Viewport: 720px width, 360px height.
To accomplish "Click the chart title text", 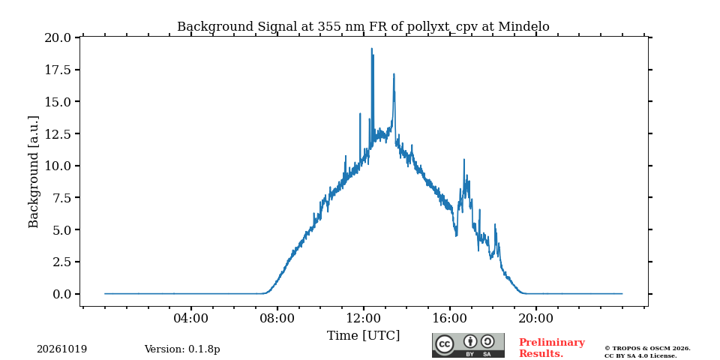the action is [363, 26].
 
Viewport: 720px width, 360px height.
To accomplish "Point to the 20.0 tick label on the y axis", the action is [58, 37].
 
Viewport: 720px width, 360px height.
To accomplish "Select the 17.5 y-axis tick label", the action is [58, 70].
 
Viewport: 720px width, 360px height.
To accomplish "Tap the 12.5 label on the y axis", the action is [58, 133].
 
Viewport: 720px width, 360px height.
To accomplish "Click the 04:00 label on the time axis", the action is [191, 318].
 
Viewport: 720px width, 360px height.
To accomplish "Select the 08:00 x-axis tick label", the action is [277, 318].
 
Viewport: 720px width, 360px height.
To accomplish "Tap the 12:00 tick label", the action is [364, 318].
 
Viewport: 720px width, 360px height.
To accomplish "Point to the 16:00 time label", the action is [450, 318].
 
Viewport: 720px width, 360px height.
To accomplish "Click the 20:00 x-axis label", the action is [536, 318].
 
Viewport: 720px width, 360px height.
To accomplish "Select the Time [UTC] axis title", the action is [363, 336].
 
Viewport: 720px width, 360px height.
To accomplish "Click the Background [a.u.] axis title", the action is [34, 172].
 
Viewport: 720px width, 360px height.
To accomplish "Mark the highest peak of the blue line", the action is [371, 48].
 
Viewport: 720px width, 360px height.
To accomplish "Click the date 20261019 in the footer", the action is [61, 349].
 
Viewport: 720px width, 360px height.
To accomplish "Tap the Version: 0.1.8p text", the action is [182, 349].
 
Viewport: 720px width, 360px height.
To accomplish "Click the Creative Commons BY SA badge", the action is [468, 345].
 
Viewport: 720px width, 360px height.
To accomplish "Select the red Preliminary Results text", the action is [552, 348].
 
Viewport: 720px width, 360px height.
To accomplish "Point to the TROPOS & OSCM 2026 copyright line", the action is [647, 349].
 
